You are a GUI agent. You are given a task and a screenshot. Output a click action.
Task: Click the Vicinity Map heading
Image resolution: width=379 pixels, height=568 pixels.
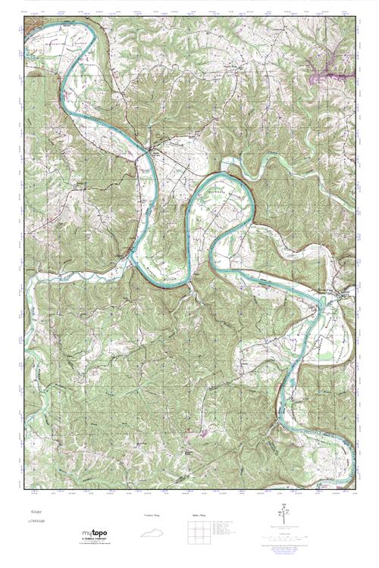pyautogui.click(x=152, y=515)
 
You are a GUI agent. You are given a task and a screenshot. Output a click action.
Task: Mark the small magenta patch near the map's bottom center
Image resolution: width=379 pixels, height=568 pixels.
pyautogui.click(x=205, y=432)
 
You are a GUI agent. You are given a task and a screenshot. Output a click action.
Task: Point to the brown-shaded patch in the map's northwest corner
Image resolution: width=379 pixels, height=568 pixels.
pyautogui.click(x=30, y=20)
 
